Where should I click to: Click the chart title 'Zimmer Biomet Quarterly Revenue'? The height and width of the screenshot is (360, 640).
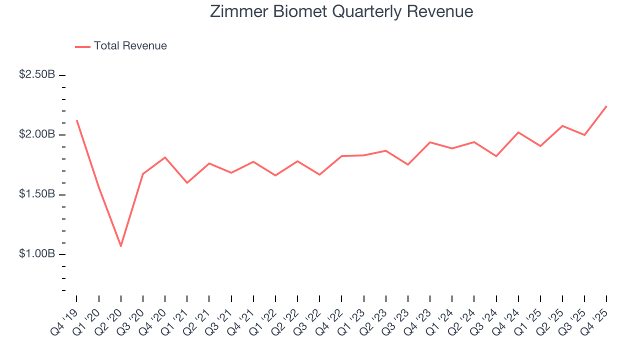pos(341,11)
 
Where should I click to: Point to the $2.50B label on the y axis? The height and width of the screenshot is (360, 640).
pos(37,74)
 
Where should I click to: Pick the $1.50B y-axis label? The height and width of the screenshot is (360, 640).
pos(37,194)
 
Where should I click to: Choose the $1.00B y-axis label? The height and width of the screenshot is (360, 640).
pos(37,253)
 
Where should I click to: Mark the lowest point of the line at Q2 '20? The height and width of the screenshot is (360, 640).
pos(121,246)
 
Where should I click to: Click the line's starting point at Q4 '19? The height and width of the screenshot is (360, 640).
pos(77,120)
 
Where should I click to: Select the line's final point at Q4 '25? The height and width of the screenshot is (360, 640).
pos(606,106)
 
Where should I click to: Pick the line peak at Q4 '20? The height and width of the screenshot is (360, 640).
pos(165,157)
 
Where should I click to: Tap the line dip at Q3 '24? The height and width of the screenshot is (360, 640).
pos(496,156)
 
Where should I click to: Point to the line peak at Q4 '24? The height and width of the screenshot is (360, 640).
pos(518,132)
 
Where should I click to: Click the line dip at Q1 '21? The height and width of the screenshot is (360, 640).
pos(187,183)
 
